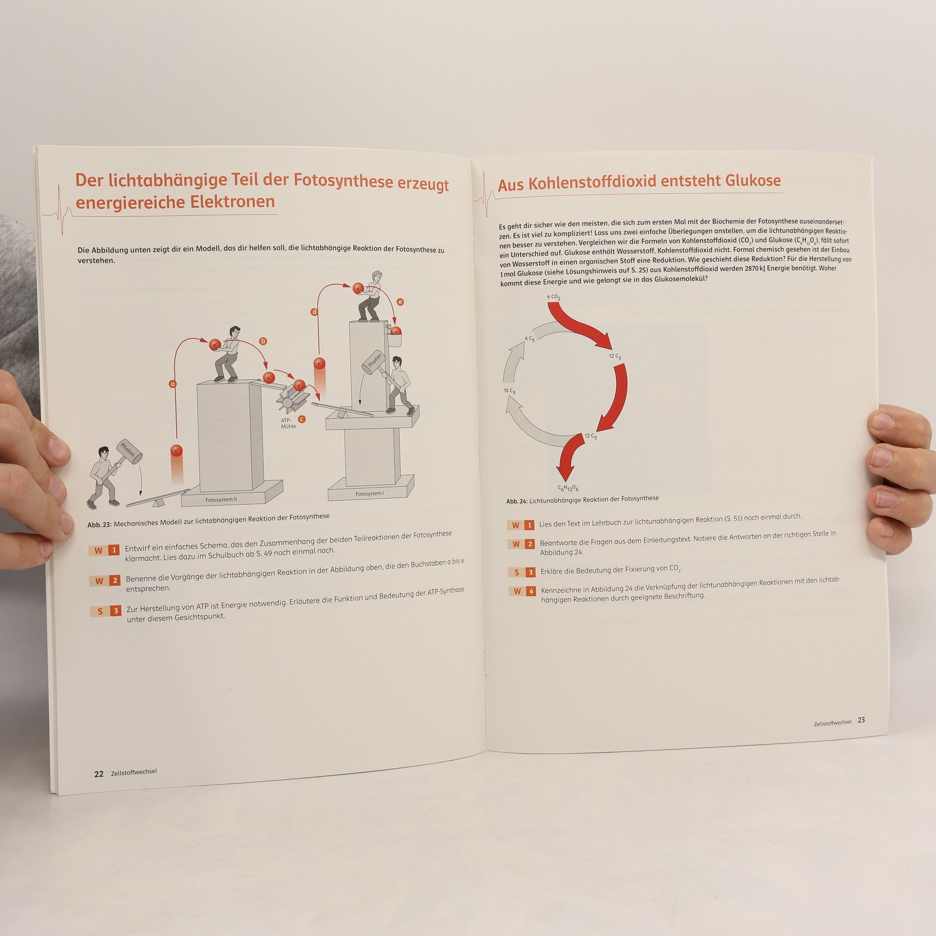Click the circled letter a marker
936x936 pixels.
[x=172, y=384]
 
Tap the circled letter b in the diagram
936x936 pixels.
[x=263, y=341]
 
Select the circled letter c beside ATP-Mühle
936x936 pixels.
[x=302, y=419]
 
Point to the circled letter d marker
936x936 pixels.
[x=314, y=312]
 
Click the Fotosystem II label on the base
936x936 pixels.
[x=221, y=500]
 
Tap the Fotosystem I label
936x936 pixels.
[x=370, y=494]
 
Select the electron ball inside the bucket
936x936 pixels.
[x=396, y=331]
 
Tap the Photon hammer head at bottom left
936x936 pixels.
[x=129, y=451]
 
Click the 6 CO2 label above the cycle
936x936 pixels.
[x=553, y=297]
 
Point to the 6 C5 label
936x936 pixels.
[x=530, y=339]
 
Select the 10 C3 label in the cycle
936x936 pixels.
[x=509, y=391]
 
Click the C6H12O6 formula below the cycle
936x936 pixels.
[x=568, y=488]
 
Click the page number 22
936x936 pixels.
[x=98, y=774]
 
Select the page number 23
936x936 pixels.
[x=861, y=720]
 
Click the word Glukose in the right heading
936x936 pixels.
[x=753, y=180]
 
